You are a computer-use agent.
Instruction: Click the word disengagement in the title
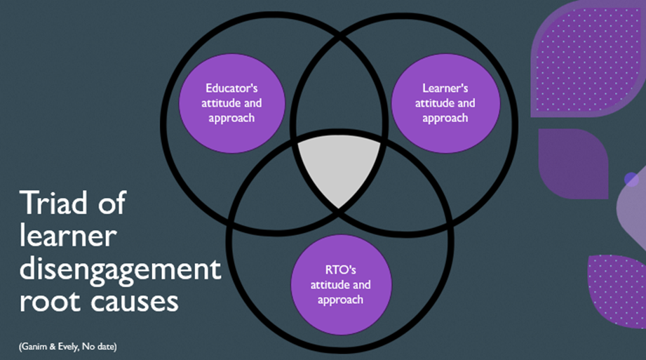120,270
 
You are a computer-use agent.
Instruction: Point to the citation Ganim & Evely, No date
67,346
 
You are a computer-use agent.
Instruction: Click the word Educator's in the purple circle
231,89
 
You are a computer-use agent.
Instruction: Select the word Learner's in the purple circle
445,89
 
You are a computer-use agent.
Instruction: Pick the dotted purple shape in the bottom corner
617,288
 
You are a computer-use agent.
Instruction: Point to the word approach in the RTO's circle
340,300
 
